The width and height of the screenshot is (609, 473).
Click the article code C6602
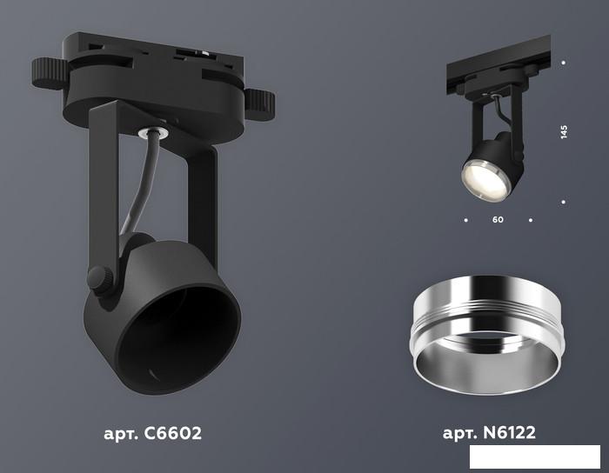[x=173, y=433]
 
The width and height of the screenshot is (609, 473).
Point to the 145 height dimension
[x=564, y=132]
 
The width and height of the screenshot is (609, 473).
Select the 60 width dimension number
[x=498, y=220]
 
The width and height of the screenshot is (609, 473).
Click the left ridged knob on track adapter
[x=50, y=73]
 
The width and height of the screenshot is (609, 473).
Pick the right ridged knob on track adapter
[x=259, y=104]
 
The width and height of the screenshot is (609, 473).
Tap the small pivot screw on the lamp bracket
[x=99, y=279]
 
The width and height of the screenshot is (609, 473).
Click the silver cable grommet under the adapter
[x=152, y=132]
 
